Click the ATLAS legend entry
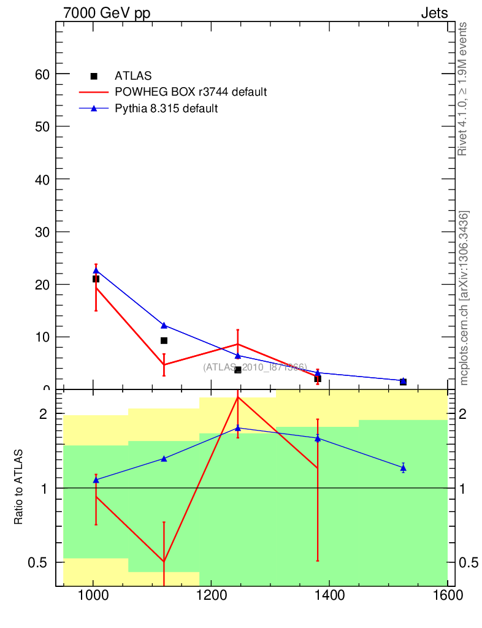(x=132, y=76)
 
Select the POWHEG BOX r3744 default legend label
(x=191, y=93)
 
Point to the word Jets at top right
(x=434, y=13)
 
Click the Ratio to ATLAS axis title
(x=18, y=487)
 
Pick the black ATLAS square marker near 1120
(x=164, y=340)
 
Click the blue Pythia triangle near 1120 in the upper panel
(x=164, y=325)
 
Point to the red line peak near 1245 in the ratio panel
(x=237, y=397)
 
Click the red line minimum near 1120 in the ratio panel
(x=164, y=561)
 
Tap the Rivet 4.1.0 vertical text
(x=463, y=89)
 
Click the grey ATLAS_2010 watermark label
(x=255, y=367)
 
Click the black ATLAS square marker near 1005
(x=96, y=279)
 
